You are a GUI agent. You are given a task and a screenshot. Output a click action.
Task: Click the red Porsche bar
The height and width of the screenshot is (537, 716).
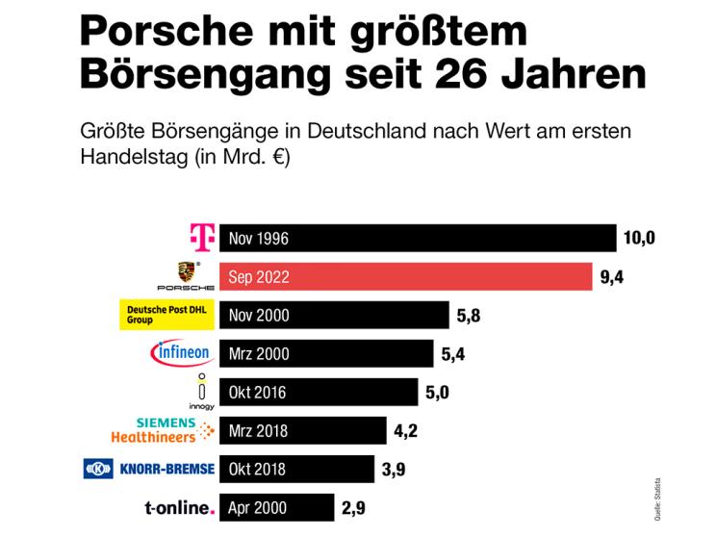click(x=405, y=276)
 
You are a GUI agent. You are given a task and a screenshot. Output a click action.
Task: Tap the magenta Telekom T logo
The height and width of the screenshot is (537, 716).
click(x=200, y=237)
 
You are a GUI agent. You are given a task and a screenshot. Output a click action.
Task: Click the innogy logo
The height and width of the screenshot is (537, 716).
click(x=200, y=392)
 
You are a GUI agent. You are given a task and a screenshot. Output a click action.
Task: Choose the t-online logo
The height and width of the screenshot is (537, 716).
click(x=177, y=507)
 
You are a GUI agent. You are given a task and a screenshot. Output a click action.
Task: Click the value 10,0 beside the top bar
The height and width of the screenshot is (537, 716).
click(x=640, y=238)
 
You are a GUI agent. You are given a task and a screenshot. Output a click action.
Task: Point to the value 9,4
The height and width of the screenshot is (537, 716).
click(x=612, y=278)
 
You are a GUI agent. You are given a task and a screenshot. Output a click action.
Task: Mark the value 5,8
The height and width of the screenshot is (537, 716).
click(x=470, y=316)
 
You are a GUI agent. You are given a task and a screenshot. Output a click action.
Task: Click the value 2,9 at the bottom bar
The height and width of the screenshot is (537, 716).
click(x=353, y=507)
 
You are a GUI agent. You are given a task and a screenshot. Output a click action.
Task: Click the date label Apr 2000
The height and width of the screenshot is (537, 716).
click(x=258, y=508)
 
